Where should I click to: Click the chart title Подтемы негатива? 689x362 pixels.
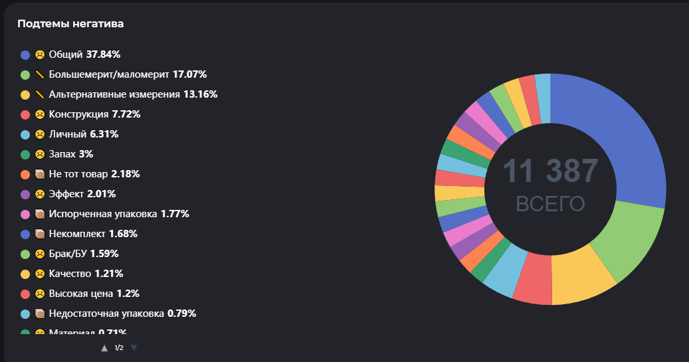(x=70, y=24)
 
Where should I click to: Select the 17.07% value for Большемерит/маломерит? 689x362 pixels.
(x=189, y=74)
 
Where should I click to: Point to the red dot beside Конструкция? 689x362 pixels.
(x=25, y=114)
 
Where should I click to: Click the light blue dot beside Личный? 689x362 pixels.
(x=25, y=134)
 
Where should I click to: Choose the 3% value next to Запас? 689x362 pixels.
(x=86, y=154)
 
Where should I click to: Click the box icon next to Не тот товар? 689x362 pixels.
(x=40, y=174)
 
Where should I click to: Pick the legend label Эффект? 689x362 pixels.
(x=66, y=194)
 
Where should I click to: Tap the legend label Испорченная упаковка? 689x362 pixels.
(x=103, y=214)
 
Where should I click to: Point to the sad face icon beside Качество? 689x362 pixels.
(x=40, y=274)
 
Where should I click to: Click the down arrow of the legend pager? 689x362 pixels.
(x=134, y=347)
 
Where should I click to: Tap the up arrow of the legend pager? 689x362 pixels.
(x=104, y=347)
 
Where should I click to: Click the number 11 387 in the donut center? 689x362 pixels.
(x=550, y=171)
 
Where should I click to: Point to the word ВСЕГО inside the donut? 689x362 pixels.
(x=550, y=204)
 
